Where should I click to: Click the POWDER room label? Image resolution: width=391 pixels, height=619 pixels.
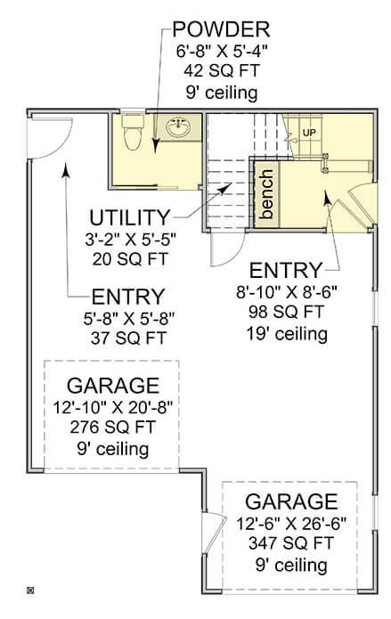[221, 29]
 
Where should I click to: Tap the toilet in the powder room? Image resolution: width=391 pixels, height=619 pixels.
[132, 133]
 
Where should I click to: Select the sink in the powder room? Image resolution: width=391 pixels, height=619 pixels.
[178, 127]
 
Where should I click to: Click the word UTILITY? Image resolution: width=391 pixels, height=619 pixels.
[129, 217]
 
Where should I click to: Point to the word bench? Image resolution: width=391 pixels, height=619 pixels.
[266, 194]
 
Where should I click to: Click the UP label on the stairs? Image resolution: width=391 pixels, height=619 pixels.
[309, 133]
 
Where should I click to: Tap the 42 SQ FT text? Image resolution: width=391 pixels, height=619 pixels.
[221, 71]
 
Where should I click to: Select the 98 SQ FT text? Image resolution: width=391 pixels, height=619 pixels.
[286, 312]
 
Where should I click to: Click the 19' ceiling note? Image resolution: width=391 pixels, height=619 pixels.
[287, 334]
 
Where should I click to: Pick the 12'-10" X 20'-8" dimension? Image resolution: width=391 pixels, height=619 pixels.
[113, 407]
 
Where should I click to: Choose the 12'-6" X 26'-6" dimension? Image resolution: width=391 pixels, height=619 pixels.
[291, 524]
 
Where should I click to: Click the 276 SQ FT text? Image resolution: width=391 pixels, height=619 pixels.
[113, 428]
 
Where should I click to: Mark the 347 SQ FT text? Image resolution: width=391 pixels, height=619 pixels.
[291, 543]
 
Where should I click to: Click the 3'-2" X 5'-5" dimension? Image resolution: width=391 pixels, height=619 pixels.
[131, 240]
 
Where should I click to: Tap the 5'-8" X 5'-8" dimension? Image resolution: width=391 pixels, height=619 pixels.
[129, 319]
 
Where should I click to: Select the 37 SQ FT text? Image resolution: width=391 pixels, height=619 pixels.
[129, 338]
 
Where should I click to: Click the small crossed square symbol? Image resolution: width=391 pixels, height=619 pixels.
[30, 590]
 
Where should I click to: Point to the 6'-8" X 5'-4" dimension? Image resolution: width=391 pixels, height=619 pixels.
[222, 51]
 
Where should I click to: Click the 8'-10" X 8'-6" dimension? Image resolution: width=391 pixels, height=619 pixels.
[287, 292]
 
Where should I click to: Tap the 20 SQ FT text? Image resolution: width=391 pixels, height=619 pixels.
[130, 259]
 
